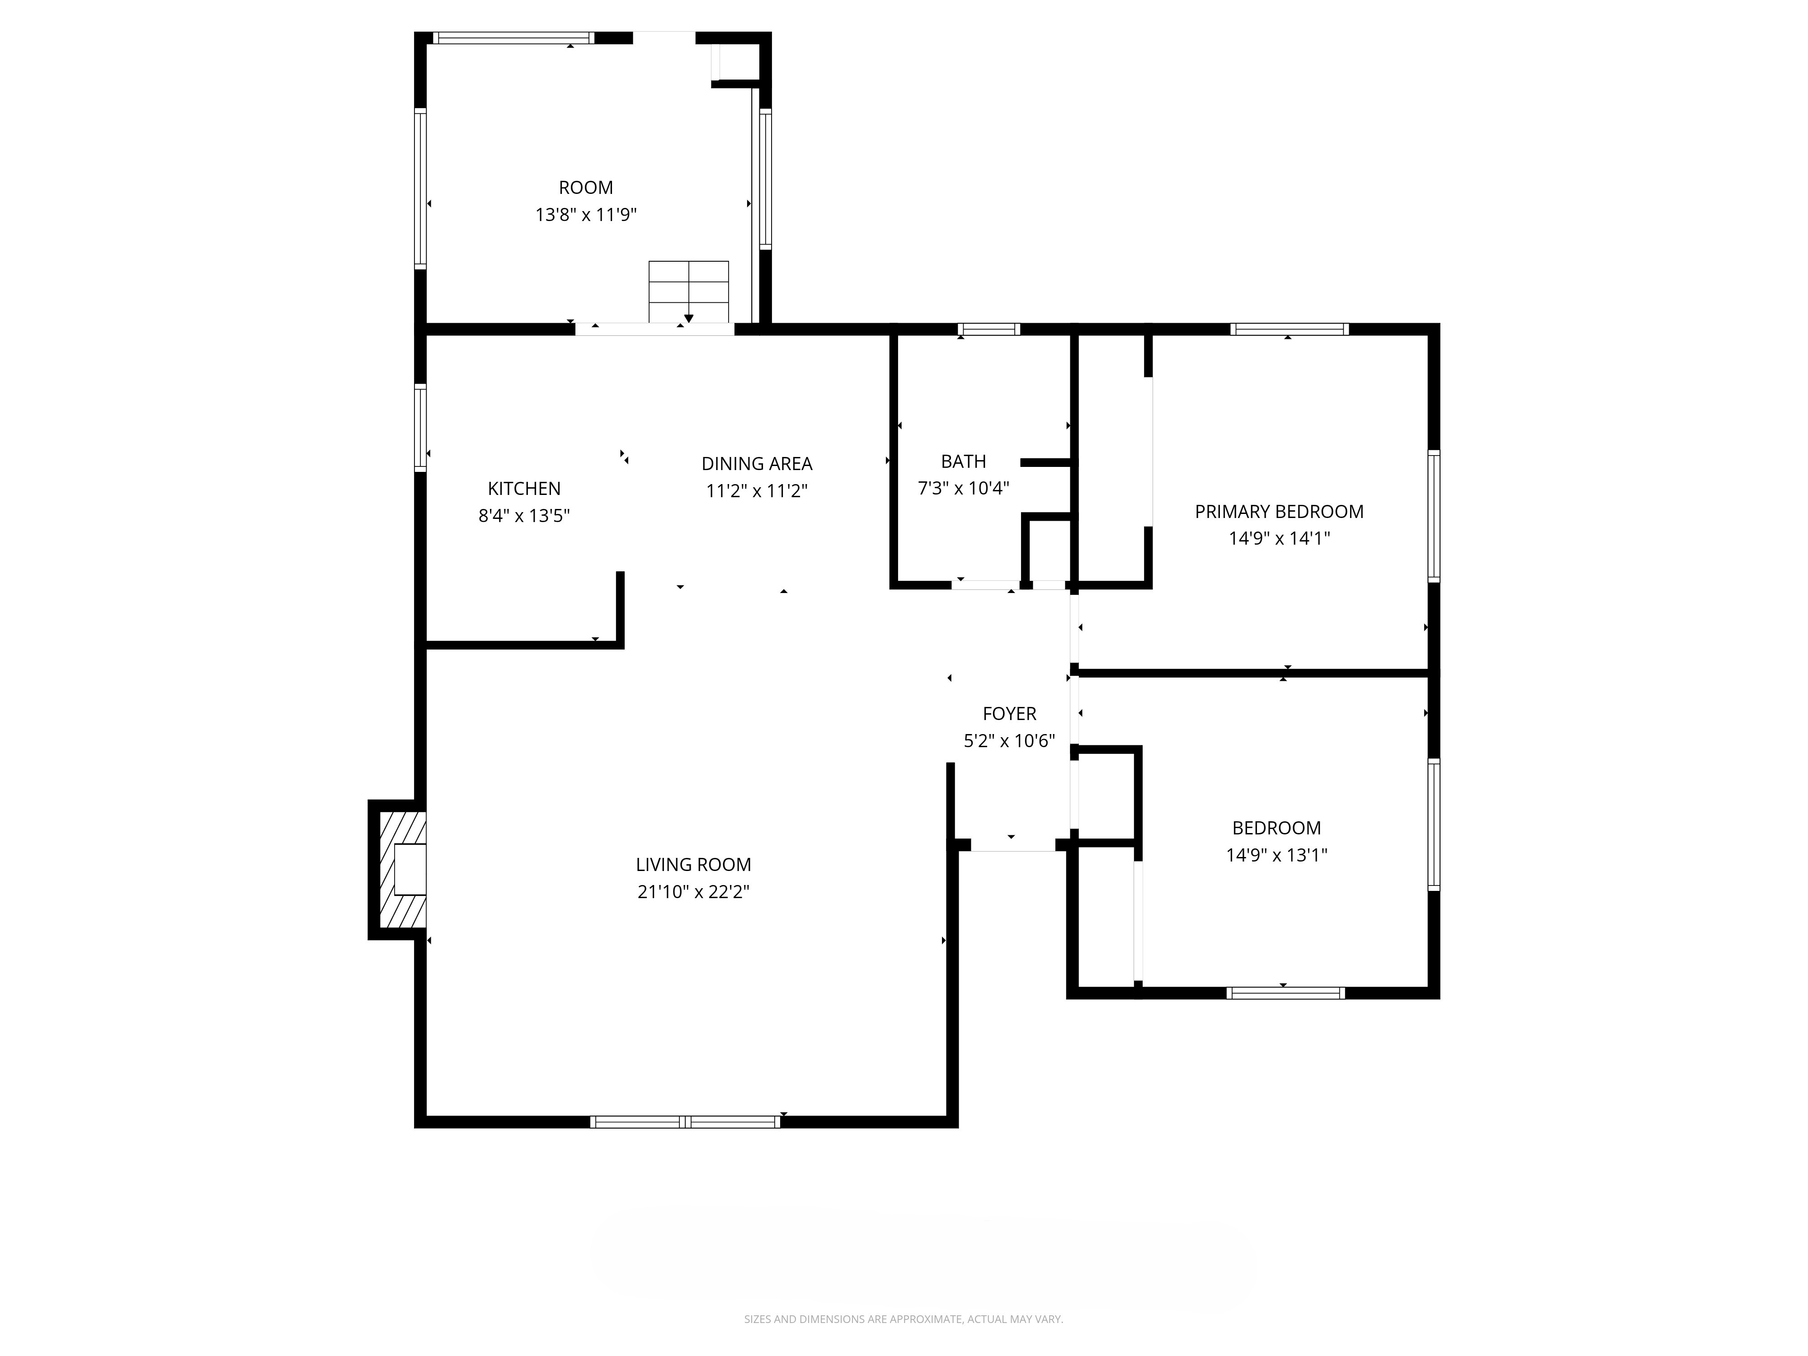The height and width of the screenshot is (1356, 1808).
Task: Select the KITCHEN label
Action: [x=524, y=488]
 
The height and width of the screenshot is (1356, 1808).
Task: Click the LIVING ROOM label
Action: [x=693, y=864]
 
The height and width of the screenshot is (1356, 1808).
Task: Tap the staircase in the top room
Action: [x=688, y=292]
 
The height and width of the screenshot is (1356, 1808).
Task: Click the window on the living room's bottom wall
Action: [x=685, y=1122]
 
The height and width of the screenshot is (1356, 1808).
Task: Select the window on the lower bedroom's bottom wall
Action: [x=1285, y=993]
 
